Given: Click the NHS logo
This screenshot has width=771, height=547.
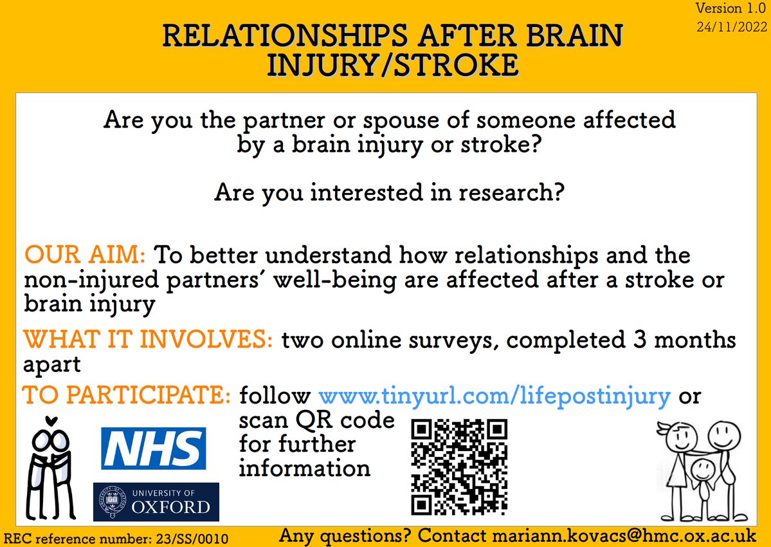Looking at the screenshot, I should (154, 448).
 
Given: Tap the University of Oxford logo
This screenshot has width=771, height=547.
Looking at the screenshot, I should (156, 501).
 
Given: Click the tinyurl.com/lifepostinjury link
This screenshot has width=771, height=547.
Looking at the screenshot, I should (494, 395).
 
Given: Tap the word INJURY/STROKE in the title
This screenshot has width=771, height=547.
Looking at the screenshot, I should (392, 65).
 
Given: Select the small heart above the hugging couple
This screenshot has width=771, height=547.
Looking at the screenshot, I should (51, 421).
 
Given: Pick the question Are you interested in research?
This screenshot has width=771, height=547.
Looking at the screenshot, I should (390, 192).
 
